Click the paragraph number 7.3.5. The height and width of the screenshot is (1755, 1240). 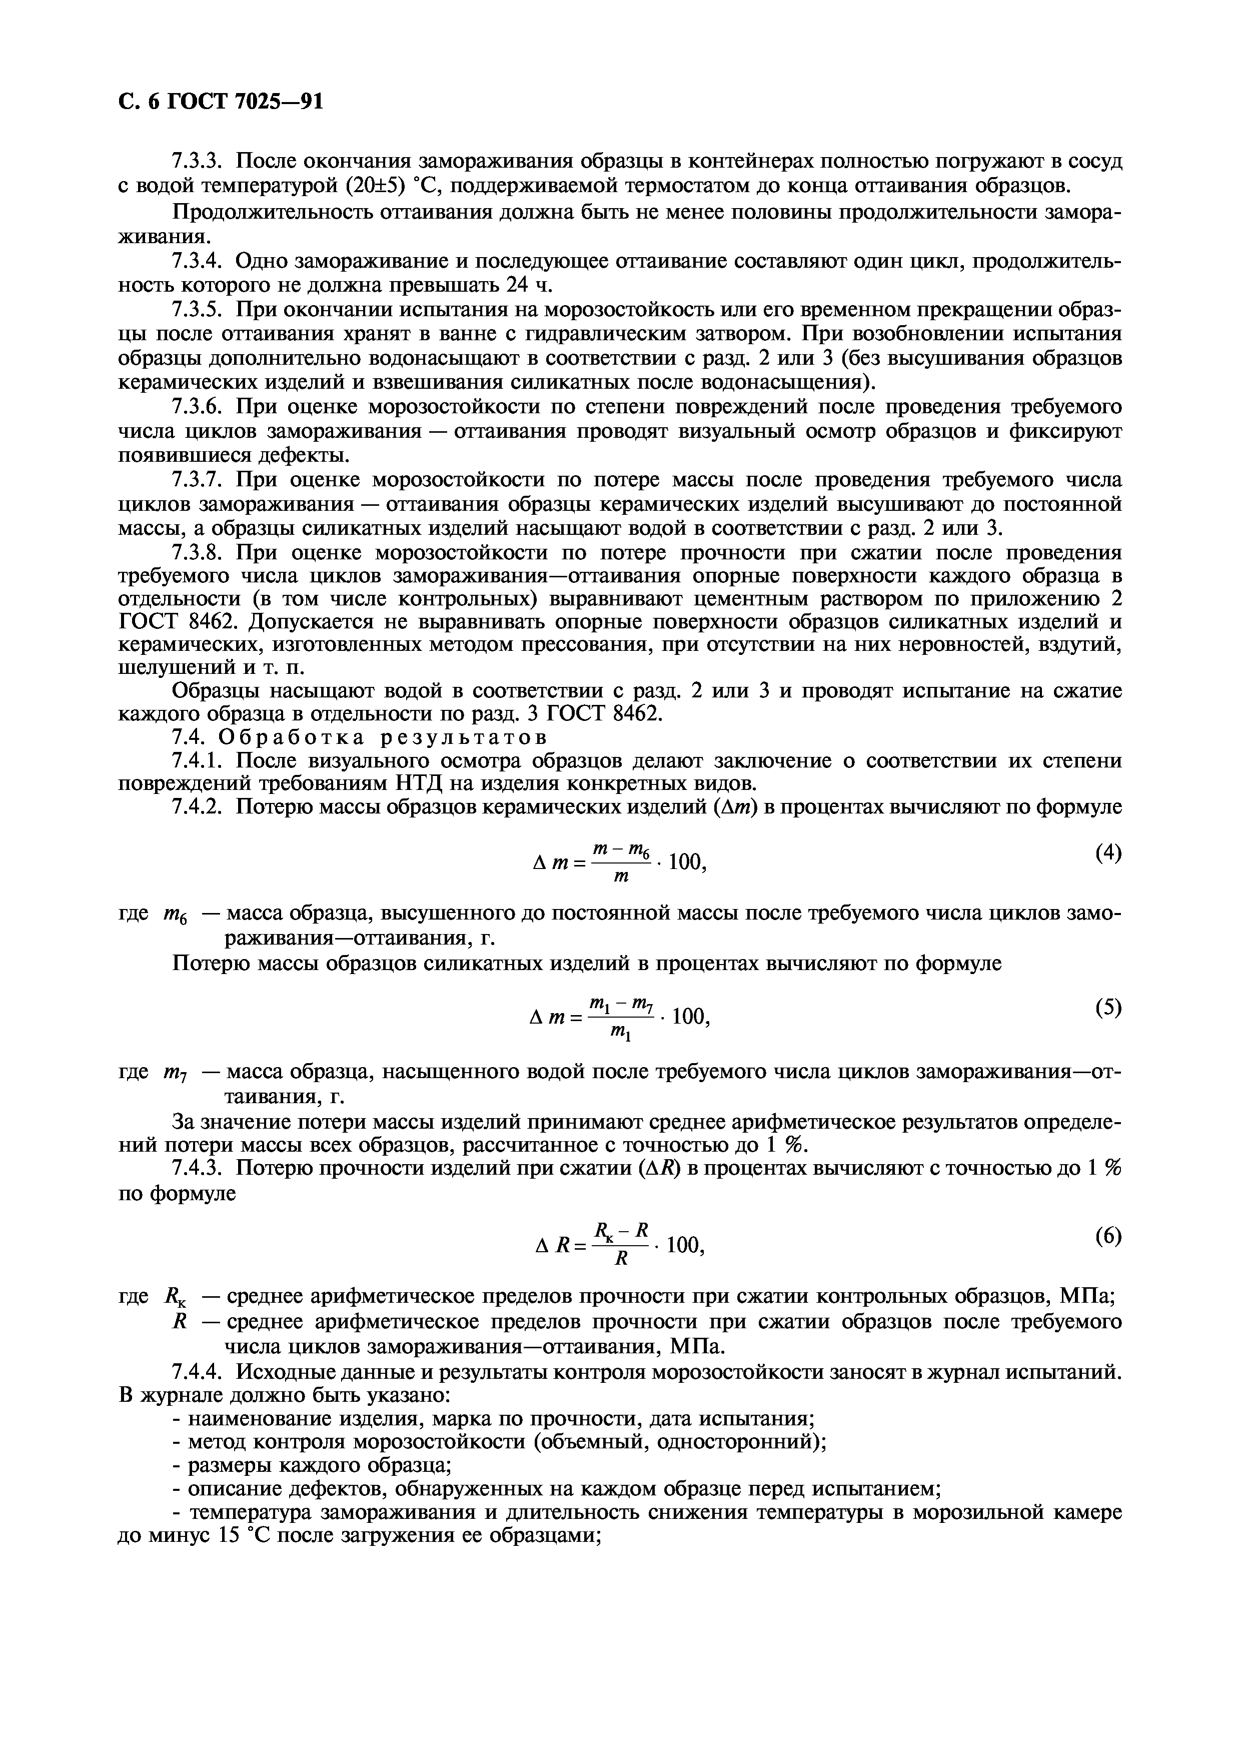click(x=197, y=310)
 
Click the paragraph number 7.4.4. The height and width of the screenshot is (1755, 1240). click(x=197, y=1372)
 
